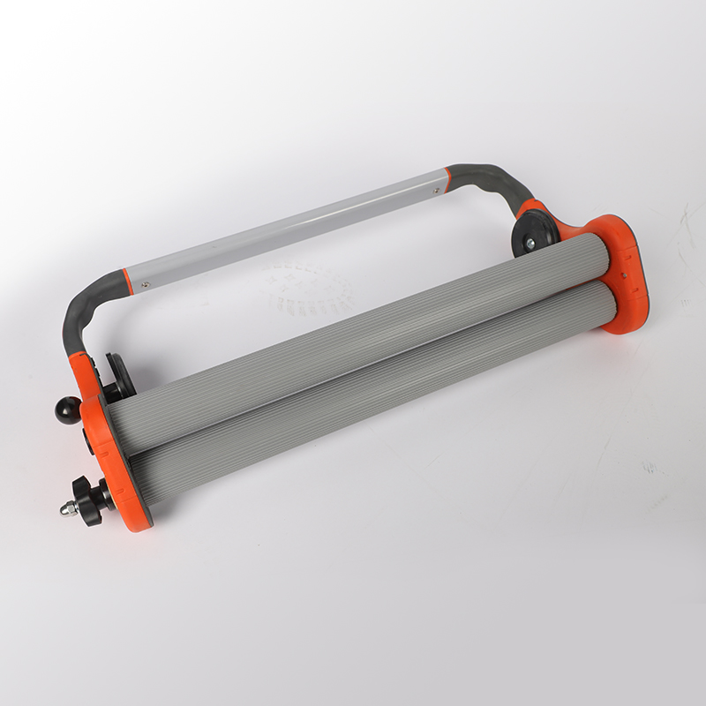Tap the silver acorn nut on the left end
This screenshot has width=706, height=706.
click(x=68, y=509)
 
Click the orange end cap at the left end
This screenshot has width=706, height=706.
click(x=113, y=463)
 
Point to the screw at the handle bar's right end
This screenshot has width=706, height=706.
click(x=433, y=187)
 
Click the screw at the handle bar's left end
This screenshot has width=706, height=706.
click(x=146, y=284)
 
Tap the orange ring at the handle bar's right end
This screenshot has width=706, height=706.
click(x=448, y=179)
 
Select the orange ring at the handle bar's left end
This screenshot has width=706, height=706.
click(x=128, y=282)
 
